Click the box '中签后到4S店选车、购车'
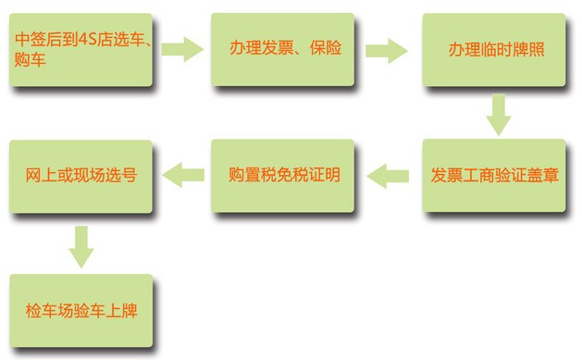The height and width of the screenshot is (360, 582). [80, 50]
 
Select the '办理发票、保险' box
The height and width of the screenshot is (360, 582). [283, 50]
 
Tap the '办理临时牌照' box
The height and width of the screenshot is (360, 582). [494, 50]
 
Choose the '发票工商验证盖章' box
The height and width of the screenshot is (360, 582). [494, 176]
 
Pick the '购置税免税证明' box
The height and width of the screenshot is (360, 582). [283, 176]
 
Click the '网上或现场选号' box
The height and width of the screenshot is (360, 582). [80, 176]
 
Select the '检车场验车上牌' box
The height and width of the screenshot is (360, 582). [81, 311]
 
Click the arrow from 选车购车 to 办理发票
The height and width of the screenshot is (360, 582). [182, 49]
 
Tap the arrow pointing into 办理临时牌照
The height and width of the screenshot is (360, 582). [387, 51]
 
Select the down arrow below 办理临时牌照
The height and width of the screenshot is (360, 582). [499, 115]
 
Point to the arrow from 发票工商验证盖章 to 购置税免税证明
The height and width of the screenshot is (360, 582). [388, 176]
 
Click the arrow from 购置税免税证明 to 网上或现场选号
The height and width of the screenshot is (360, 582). [183, 175]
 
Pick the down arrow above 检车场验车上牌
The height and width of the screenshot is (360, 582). [81, 247]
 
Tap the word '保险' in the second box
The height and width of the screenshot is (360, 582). [326, 48]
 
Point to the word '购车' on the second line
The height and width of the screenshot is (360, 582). [30, 60]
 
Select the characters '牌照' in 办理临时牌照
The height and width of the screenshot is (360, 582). [528, 49]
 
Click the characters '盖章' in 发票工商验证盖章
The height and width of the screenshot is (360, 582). [542, 175]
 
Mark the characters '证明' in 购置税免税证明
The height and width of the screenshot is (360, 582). [325, 175]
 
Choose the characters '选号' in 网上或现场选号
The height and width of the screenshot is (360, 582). [121, 175]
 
